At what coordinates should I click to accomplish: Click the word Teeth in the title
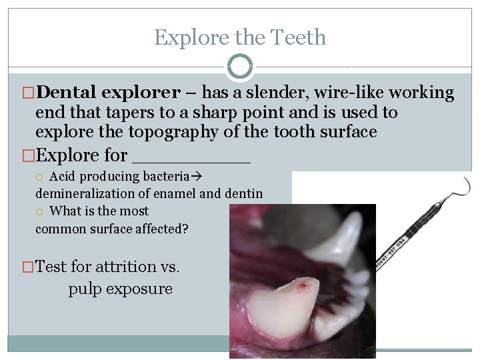297,37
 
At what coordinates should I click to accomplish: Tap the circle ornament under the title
239,67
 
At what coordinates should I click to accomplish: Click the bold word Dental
66,93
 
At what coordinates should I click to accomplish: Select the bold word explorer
139,93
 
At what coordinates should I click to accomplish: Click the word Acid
63,177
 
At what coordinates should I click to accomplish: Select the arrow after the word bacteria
197,177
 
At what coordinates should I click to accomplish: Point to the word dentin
243,194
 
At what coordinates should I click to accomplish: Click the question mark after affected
185,229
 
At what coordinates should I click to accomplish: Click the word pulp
84,289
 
